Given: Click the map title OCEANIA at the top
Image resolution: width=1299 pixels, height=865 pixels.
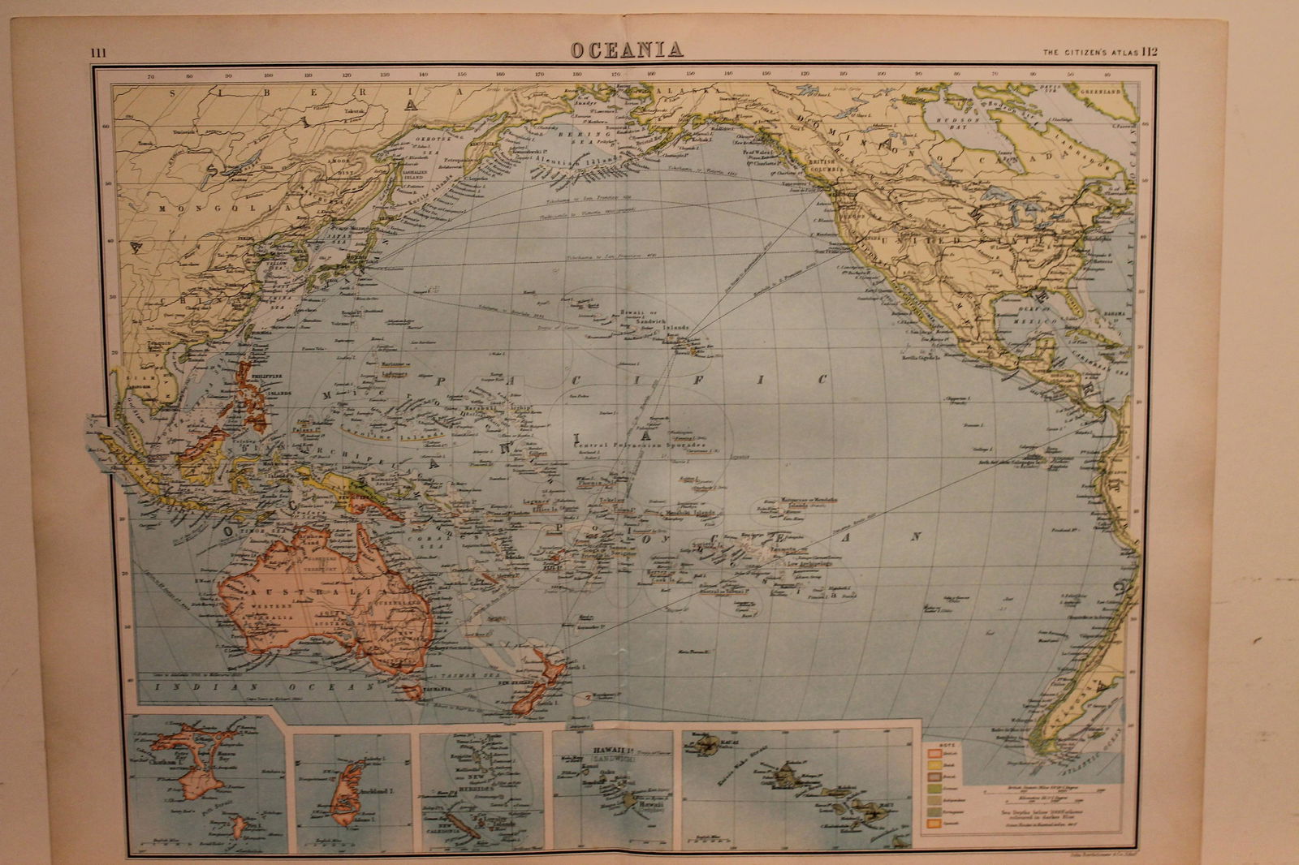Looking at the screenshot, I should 625,49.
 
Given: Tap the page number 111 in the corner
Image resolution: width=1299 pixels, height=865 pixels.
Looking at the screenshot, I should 99,53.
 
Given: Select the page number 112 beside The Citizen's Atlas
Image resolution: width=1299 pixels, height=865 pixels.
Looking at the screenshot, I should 1150,51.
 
